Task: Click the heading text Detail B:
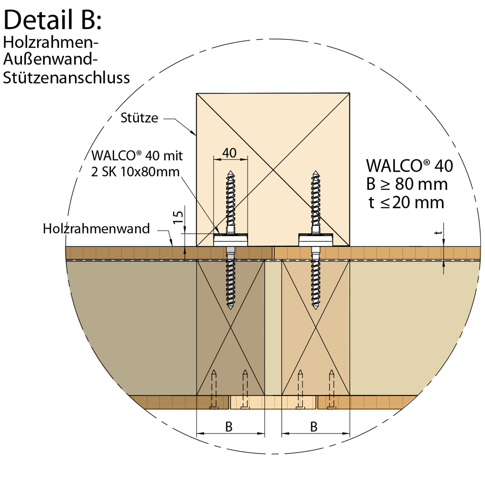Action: (52, 20)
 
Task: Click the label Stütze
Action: (139, 118)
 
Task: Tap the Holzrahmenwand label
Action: (96, 229)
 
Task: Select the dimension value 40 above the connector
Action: (229, 153)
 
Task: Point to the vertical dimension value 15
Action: (178, 217)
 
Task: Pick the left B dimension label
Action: (229, 427)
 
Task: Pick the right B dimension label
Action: (314, 427)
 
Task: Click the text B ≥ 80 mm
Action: (407, 184)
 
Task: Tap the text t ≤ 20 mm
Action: (406, 202)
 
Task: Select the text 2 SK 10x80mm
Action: (135, 172)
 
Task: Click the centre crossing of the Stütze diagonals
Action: (273, 170)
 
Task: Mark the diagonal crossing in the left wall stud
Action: (231, 327)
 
